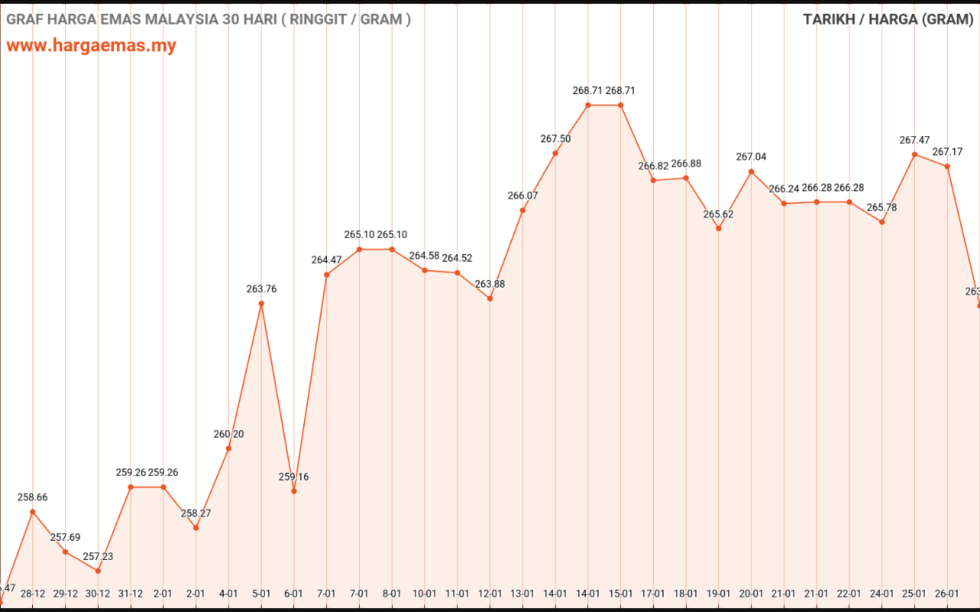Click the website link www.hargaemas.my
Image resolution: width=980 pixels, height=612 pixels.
point(91,45)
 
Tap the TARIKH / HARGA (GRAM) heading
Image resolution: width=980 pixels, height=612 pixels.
point(887,19)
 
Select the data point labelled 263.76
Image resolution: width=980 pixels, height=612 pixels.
point(261,304)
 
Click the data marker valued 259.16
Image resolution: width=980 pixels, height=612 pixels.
point(294,491)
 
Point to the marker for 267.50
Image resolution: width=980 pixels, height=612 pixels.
point(555,153)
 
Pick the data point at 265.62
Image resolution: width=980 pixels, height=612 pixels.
point(718,228)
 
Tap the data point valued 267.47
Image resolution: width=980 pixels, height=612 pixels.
point(914,155)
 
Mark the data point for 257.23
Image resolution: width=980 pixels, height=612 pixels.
point(98,571)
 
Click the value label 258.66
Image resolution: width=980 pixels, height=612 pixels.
point(32,497)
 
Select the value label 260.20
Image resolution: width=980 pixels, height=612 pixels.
point(229,435)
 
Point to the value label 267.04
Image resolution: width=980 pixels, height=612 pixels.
point(751,157)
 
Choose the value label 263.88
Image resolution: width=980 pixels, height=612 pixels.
point(490,285)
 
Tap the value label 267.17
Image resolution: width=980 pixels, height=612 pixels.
point(947,151)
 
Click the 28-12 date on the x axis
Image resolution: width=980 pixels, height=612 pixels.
point(33,594)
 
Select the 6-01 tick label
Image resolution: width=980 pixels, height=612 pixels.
point(294,594)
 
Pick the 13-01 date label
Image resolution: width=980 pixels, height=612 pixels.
point(522,594)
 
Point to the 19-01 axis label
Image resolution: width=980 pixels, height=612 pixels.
point(718,594)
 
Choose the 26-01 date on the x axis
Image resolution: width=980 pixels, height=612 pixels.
point(947,594)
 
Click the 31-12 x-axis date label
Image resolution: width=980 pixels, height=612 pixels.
point(131,594)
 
